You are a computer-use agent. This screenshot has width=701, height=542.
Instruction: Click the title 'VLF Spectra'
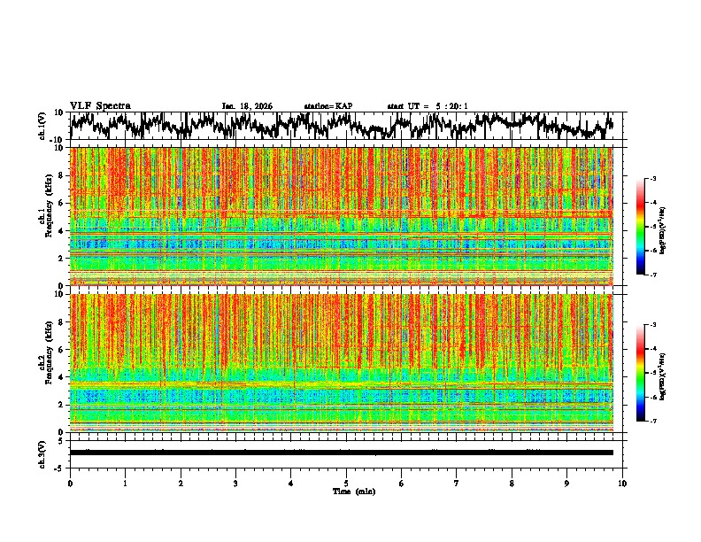(100, 105)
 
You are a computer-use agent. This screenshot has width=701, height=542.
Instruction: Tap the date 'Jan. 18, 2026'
(247, 106)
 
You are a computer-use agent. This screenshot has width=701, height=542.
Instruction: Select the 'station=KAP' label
(328, 106)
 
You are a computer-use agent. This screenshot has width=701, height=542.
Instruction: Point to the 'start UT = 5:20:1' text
(428, 106)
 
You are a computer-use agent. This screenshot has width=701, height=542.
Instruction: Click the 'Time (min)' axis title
(353, 491)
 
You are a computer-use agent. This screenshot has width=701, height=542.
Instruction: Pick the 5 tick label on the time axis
(346, 484)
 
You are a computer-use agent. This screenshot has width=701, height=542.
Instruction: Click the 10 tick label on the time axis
(623, 484)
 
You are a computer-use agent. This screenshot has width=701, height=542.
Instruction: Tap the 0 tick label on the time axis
(70, 484)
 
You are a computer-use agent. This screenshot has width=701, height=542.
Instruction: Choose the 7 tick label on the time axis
(457, 484)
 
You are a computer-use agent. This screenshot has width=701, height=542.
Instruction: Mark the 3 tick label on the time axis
(235, 484)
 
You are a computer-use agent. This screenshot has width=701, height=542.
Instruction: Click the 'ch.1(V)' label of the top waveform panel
(42, 126)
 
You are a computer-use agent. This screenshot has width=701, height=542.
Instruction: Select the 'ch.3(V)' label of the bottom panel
(42, 452)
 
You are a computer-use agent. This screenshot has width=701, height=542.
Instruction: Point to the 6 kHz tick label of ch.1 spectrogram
(62, 203)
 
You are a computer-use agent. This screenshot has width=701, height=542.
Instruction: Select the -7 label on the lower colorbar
(654, 422)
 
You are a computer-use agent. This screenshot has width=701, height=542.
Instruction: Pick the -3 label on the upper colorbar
(654, 179)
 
